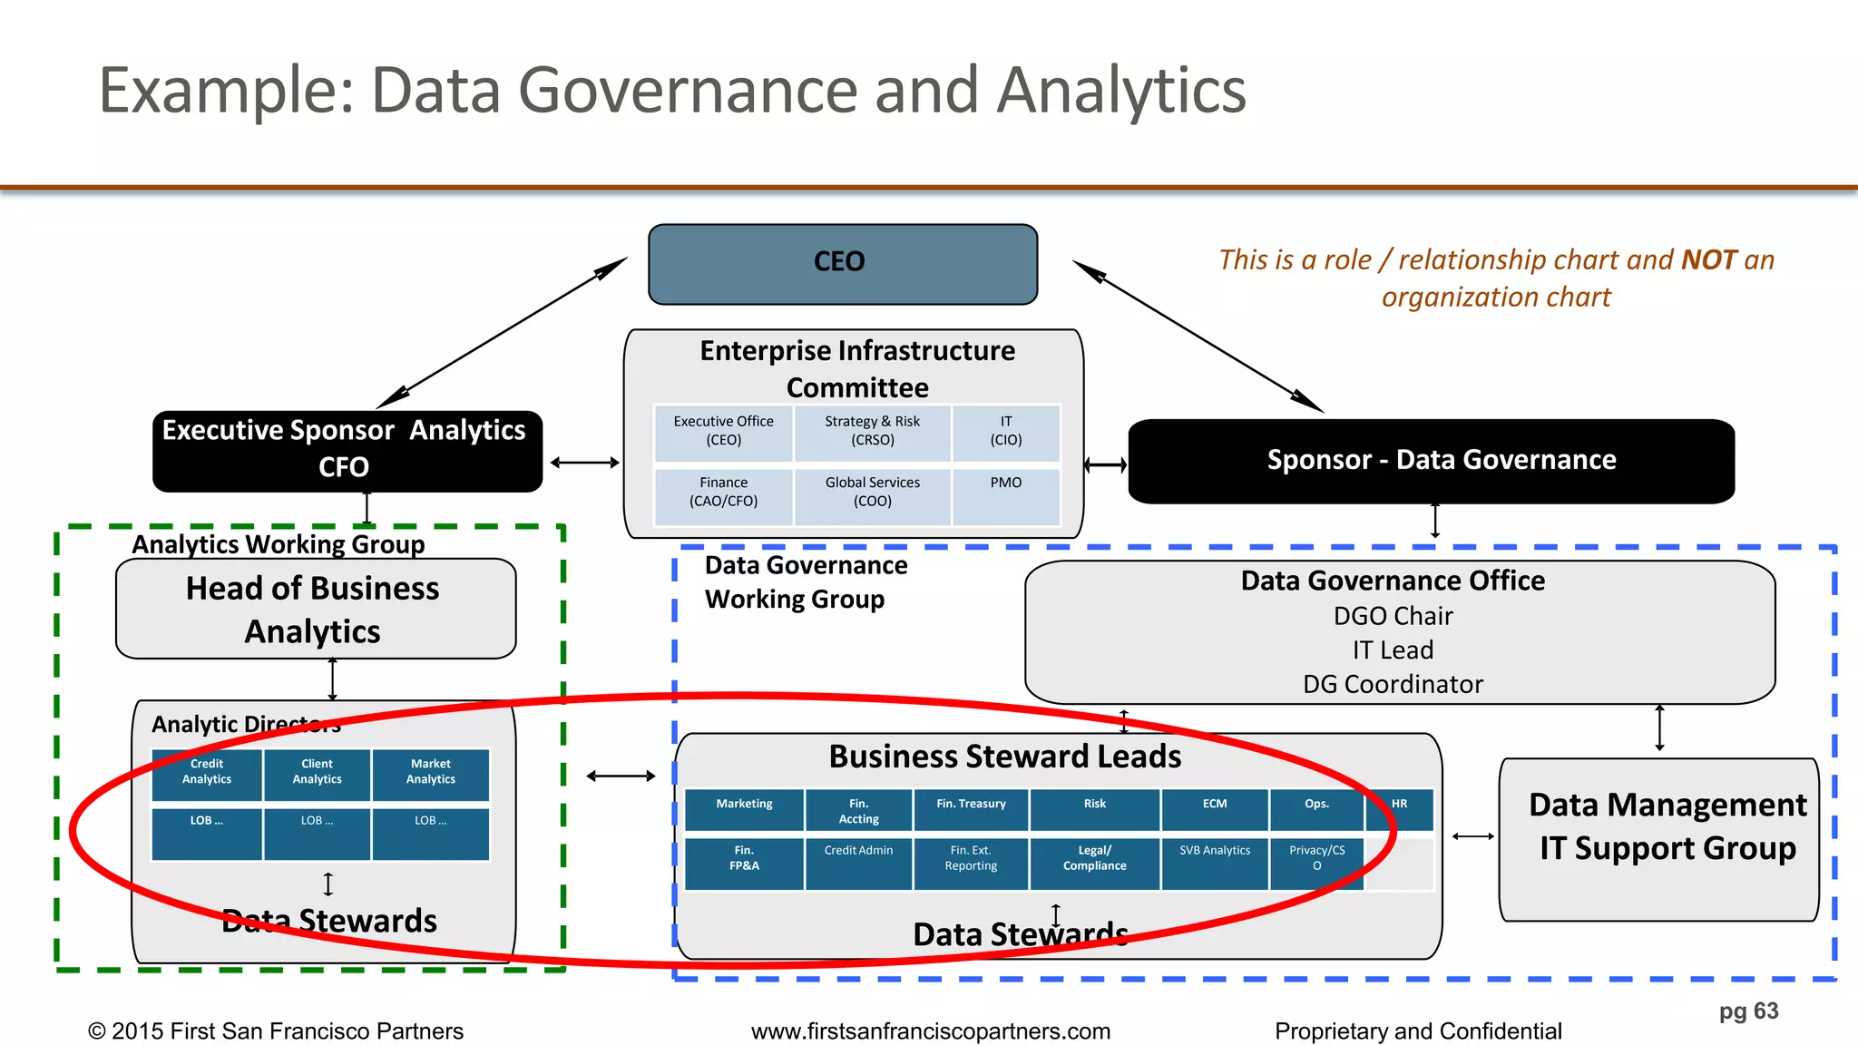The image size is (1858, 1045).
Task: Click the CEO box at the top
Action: tap(842, 263)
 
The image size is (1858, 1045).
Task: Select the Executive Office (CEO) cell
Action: tap(723, 432)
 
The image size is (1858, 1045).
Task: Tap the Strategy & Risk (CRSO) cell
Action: tap(872, 432)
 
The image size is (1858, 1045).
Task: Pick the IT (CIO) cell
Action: tap(1005, 432)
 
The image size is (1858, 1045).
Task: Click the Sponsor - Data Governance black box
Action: tap(1431, 461)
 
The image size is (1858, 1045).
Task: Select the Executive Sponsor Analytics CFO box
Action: tap(347, 451)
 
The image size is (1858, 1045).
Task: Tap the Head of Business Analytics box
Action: tap(315, 609)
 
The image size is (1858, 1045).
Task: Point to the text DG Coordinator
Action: tap(1393, 685)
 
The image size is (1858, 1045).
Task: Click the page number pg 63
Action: tap(1748, 1011)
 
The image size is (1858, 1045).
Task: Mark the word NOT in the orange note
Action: tap(1709, 260)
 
